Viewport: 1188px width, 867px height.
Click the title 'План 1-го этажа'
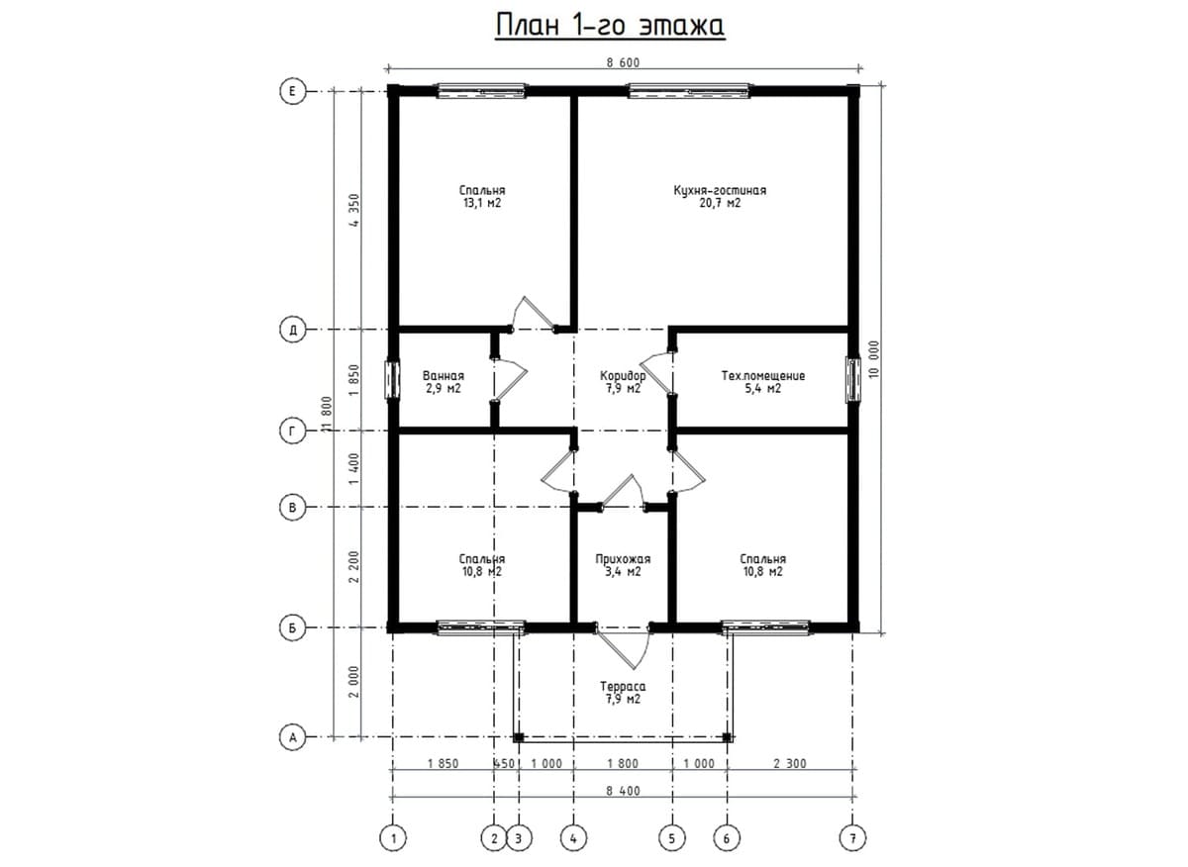[x=610, y=25]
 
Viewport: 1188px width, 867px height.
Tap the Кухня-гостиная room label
[x=720, y=197]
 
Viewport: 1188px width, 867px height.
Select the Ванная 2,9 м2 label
[x=444, y=382]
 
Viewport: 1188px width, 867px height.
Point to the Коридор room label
[x=623, y=382]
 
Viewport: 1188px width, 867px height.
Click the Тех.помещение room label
[x=762, y=382]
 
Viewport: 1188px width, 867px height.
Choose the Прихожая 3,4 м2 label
[x=623, y=565]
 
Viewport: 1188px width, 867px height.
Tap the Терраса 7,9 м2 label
[x=623, y=693]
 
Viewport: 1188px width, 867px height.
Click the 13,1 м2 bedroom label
[x=482, y=197]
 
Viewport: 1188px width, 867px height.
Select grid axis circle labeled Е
[x=292, y=92]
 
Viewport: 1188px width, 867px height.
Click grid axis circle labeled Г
[x=292, y=432]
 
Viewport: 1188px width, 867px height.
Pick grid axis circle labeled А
[x=292, y=737]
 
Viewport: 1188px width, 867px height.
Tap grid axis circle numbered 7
[x=852, y=838]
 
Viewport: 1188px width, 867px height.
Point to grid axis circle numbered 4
[x=573, y=838]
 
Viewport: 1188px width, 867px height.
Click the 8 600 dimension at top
[x=623, y=63]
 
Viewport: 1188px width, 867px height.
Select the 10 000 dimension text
[x=874, y=359]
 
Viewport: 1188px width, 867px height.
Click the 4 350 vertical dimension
[x=353, y=210]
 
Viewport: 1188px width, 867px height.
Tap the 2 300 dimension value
[x=790, y=764]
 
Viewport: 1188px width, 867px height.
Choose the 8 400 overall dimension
[x=623, y=791]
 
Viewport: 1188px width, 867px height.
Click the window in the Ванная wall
[x=392, y=380]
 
